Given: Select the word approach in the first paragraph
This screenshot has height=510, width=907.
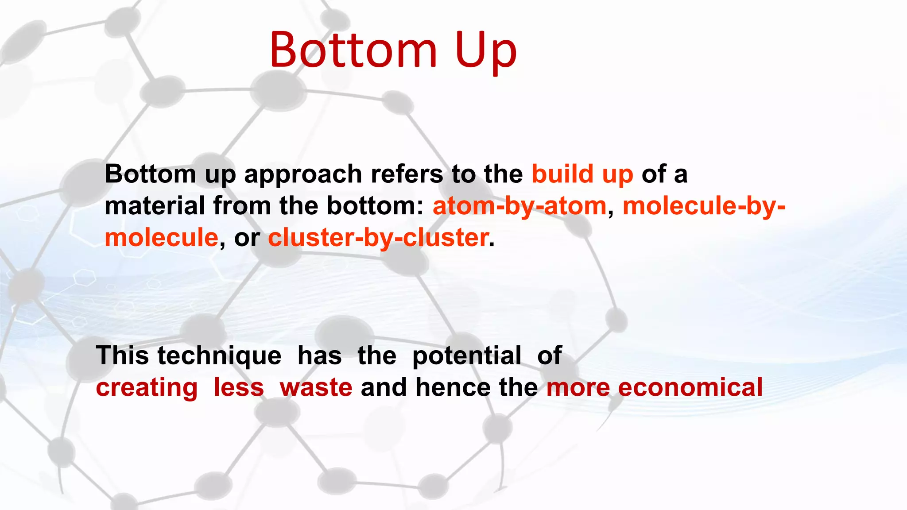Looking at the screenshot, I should [x=303, y=174].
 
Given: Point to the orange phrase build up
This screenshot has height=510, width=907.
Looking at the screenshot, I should [x=582, y=174].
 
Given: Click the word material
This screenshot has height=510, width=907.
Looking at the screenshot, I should [x=155, y=206].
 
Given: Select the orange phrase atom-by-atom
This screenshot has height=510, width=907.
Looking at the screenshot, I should [x=519, y=206].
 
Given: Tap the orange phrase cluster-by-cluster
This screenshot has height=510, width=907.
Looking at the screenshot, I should [x=378, y=238].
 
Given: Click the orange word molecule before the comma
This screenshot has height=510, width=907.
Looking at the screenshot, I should [x=161, y=238].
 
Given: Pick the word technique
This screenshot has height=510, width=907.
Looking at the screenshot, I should [x=219, y=355].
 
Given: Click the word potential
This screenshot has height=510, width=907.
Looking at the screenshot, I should [x=466, y=355].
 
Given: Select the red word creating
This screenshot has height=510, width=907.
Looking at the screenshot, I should [x=147, y=388].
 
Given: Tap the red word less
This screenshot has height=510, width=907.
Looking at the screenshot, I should [x=238, y=387].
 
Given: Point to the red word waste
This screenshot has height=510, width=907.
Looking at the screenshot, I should [x=316, y=388].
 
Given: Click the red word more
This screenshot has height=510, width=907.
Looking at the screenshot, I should [x=578, y=388].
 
